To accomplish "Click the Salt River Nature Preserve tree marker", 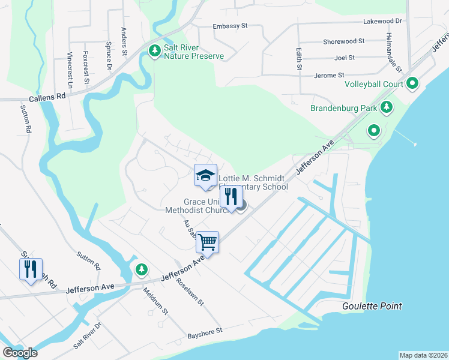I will [155, 50].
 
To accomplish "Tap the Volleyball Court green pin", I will [412, 83].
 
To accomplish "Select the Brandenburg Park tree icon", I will [387, 108].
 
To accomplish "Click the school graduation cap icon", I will [205, 175].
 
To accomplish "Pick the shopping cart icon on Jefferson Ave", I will [207, 242].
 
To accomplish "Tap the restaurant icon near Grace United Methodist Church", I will [231, 196].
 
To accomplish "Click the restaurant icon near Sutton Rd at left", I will [31, 268].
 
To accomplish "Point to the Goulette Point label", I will [372, 306].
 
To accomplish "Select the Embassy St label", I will [231, 26].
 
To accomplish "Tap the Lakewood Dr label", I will [382, 21].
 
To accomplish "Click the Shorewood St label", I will [344, 41].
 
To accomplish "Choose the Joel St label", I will [345, 58].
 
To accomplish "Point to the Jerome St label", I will [329, 76].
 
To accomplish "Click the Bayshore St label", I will [205, 331].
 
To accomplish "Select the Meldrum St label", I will [155, 300].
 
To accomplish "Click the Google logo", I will [20, 353].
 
